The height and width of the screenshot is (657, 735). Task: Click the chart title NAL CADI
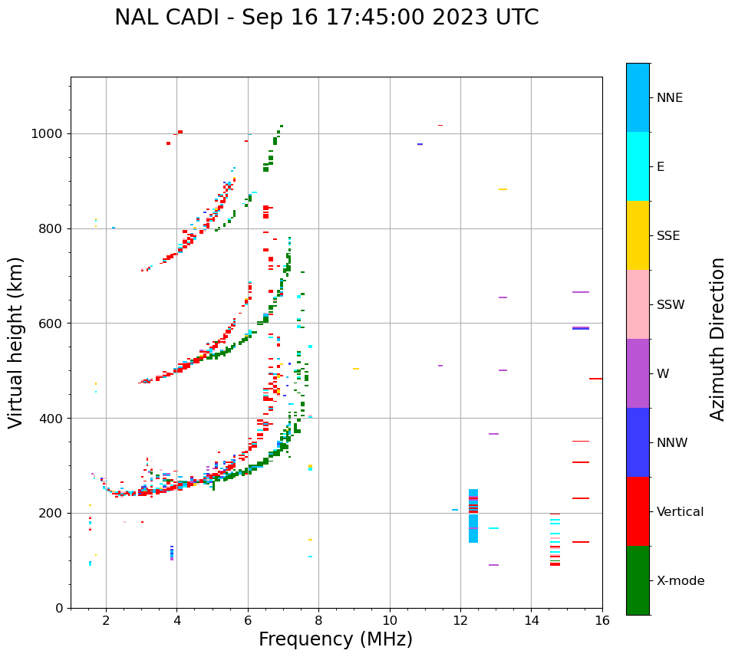coord(326,18)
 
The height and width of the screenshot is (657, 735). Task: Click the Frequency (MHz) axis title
coord(335,639)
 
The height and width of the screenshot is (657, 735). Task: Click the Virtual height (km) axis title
coord(16,343)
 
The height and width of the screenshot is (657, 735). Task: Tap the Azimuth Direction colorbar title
coord(717,339)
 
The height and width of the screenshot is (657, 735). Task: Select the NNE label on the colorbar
coord(669,98)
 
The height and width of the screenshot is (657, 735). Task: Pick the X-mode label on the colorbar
coord(680,581)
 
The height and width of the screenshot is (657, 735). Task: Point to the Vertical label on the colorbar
coord(680,512)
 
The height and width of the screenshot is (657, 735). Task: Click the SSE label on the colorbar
coord(668,236)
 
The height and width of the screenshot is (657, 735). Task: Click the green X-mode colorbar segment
coord(638,580)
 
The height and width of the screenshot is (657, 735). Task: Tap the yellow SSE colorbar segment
coord(638,235)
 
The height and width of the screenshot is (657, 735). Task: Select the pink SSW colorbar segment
coord(638,304)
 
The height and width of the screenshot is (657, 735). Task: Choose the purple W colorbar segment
coord(638,373)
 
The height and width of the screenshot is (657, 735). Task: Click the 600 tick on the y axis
coord(54,324)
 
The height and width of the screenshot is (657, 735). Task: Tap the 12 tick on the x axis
coord(460,620)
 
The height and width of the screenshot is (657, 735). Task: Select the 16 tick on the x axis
coord(602,620)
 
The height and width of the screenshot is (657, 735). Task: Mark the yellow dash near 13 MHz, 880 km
coord(503,189)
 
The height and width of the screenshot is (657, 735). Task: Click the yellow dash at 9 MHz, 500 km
coord(356,369)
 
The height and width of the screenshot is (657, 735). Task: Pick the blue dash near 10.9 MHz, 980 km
coord(420,144)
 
